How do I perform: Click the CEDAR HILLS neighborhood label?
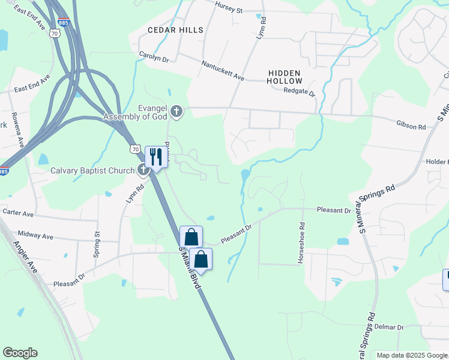(x=176, y=29)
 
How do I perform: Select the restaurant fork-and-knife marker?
(x=155, y=157)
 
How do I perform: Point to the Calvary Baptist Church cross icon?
(x=143, y=170)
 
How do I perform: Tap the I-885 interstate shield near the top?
(x=64, y=23)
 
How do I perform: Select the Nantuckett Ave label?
(x=223, y=70)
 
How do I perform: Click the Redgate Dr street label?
(x=299, y=91)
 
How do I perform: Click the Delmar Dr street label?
(x=388, y=327)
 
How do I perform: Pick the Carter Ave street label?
(x=18, y=212)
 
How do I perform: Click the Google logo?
(x=20, y=353)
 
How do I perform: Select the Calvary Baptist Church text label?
(x=92, y=170)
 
